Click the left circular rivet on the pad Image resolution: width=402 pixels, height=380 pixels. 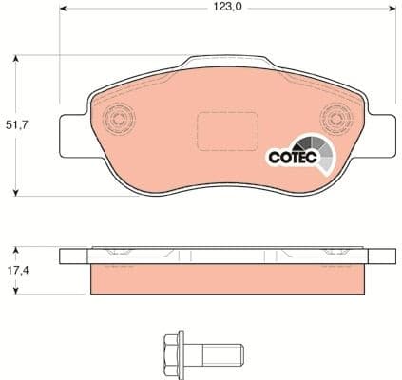(119, 121)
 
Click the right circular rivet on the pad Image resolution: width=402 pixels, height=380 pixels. (335, 121)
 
